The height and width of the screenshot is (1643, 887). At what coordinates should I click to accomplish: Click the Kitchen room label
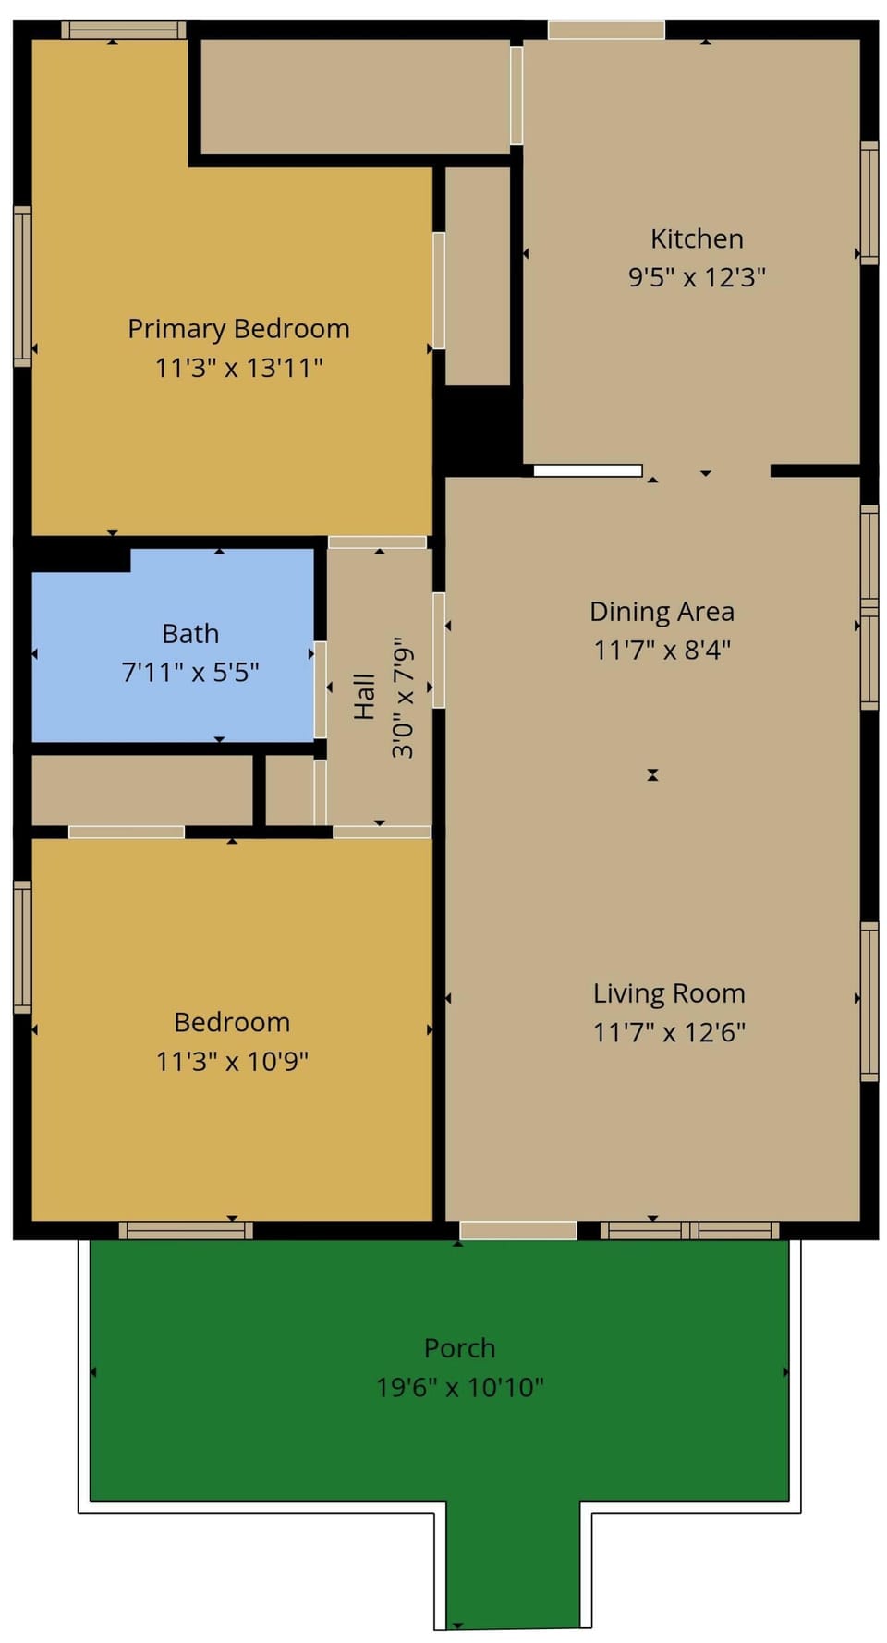(697, 238)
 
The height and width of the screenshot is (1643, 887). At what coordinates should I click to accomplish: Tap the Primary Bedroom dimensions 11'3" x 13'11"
(238, 368)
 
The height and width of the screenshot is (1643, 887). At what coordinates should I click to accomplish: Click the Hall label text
(364, 697)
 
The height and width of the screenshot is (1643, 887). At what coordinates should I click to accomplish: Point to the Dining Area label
(662, 612)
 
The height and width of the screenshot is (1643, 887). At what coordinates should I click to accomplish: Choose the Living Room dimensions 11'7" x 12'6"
(669, 1032)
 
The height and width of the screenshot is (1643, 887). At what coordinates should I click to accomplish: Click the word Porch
(459, 1348)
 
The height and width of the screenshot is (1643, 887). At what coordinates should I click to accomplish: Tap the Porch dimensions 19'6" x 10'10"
(459, 1388)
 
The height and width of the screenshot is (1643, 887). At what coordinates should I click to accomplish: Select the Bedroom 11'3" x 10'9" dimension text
(232, 1061)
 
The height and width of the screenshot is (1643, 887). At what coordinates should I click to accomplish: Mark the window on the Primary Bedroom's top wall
(123, 30)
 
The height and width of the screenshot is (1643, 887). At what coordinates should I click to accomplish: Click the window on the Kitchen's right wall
(869, 203)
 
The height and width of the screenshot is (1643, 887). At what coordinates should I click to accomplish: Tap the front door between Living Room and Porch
(517, 1230)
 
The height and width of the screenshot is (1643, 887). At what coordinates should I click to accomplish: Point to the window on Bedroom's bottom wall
(185, 1230)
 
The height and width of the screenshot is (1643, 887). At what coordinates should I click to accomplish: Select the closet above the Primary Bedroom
(355, 96)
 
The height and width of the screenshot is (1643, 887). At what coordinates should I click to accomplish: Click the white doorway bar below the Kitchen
(588, 470)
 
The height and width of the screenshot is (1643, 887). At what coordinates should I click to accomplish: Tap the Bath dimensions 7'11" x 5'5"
(190, 673)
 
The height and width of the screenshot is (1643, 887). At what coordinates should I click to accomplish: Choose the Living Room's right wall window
(869, 1002)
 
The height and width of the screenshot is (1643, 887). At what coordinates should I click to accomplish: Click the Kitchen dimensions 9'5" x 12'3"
(697, 277)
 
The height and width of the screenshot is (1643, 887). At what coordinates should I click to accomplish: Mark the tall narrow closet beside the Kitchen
(477, 275)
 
